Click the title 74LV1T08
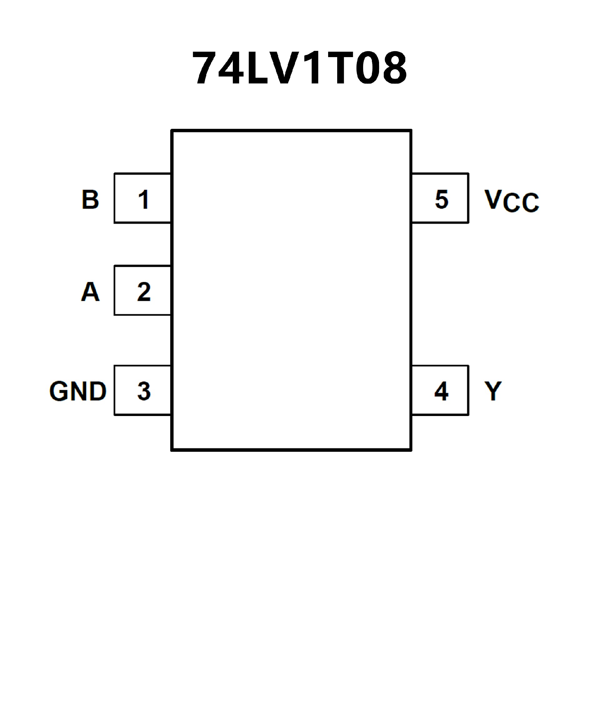(x=299, y=67)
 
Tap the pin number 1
(x=143, y=199)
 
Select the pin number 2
(x=143, y=292)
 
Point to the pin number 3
(x=143, y=391)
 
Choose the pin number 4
(x=441, y=391)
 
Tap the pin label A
(x=90, y=292)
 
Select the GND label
(x=78, y=391)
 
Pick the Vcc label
(x=511, y=201)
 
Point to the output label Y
(x=492, y=391)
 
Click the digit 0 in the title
(x=367, y=67)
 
